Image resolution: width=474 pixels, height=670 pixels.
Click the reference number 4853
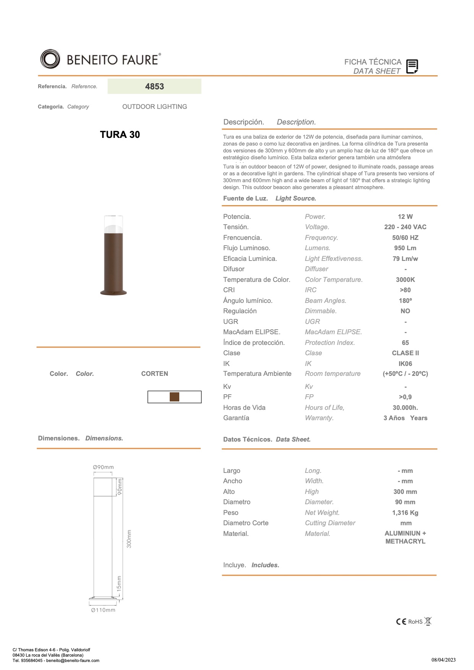[154, 86]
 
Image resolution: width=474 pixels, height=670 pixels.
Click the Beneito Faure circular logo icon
[50, 59]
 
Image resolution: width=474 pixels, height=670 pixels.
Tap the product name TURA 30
[120, 134]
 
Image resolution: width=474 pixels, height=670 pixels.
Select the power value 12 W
[405, 217]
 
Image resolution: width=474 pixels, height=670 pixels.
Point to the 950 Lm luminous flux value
[405, 248]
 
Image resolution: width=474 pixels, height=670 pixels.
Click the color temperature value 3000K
[405, 280]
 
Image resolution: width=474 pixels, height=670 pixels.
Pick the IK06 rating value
[405, 364]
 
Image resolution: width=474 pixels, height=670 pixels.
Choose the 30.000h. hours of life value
[405, 408]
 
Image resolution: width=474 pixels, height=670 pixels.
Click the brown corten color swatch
[174, 397]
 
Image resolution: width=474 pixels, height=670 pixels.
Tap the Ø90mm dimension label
[103, 467]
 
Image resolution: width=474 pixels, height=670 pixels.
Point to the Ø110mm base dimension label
[103, 610]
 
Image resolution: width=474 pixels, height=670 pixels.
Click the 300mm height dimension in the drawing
[129, 539]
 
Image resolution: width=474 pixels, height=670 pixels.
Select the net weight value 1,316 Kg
[405, 513]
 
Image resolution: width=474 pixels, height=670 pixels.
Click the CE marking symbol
[401, 621]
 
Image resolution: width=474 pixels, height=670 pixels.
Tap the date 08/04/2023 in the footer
[443, 660]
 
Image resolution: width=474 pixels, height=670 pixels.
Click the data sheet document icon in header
[412, 66]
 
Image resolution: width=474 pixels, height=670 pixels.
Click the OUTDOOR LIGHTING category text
[154, 107]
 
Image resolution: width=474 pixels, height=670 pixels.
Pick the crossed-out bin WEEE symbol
[428, 621]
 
